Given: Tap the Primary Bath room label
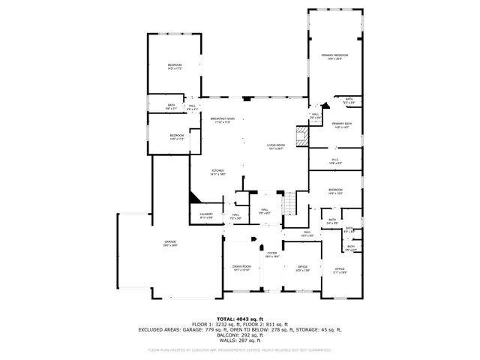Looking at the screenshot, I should pos(342,124).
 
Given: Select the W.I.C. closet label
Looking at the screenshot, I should pos(336,160).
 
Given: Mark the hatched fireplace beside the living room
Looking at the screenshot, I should pos(302,136).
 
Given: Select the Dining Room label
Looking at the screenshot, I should pos(241,267).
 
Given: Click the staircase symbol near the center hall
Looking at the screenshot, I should pos(289,202).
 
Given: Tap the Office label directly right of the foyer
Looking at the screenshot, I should pos(303,268).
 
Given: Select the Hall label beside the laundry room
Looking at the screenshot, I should pos(235,216).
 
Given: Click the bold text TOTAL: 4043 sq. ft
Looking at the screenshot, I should pos(240,319).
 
